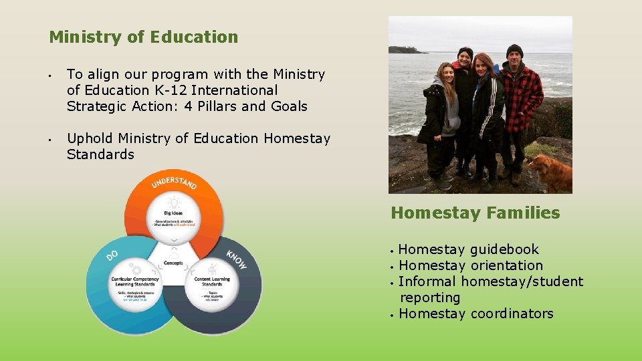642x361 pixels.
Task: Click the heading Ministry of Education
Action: click(143, 37)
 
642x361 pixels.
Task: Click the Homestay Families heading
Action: click(475, 213)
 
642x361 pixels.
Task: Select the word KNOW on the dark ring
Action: click(236, 260)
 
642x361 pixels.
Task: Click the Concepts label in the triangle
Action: click(173, 263)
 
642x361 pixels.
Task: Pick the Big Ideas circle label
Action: click(173, 213)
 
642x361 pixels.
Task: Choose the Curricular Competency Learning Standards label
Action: click(136, 281)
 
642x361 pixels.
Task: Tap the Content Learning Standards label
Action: click(211, 281)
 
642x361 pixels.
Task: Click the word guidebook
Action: click(504, 250)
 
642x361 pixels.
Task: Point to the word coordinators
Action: click(512, 314)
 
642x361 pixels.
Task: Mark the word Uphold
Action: click(90, 138)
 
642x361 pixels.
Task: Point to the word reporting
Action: click(430, 298)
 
